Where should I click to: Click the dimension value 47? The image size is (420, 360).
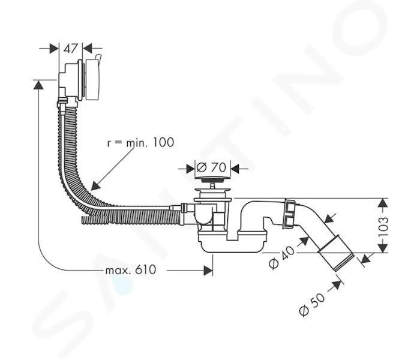click(70, 49)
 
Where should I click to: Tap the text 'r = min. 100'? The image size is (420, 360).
click(140, 142)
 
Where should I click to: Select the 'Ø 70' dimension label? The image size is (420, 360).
click(211, 167)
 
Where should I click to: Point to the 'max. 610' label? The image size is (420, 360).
click(131, 270)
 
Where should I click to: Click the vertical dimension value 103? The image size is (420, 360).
click(383, 226)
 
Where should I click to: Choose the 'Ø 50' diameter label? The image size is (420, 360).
click(311, 304)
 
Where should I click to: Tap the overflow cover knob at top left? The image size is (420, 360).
click(92, 79)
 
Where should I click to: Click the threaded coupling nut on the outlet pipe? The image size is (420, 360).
click(289, 213)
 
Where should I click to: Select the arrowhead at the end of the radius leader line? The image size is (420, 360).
click(95, 185)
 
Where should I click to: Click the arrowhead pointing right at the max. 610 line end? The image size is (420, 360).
click(208, 271)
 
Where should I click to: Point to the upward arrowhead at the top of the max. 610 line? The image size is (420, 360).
click(39, 85)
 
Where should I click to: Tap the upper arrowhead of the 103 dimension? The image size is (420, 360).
click(383, 203)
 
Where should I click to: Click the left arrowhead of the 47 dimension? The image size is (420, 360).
click(54, 49)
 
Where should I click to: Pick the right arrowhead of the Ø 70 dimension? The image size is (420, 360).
click(235, 169)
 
